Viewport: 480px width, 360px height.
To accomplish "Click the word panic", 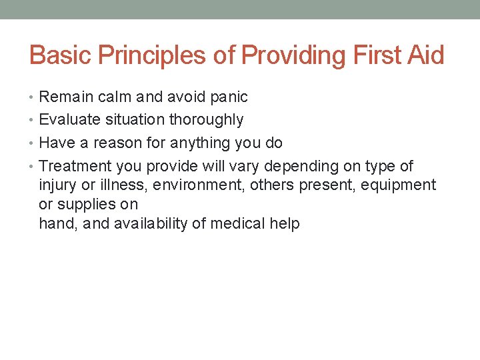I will pyautogui.click(x=229, y=97).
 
